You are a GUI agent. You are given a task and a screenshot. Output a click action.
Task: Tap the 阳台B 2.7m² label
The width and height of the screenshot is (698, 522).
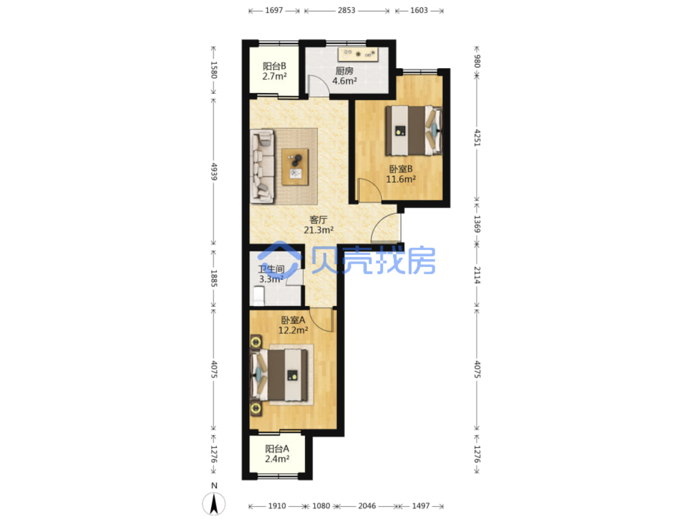pos(273,71)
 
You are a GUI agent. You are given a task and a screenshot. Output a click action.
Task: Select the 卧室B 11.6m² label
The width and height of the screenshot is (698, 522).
pos(400,173)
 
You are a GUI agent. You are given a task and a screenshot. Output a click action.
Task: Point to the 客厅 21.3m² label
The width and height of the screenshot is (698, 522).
pos(318,224)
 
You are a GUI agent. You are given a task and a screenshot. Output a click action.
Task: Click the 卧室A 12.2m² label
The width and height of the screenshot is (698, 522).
pos(292,325)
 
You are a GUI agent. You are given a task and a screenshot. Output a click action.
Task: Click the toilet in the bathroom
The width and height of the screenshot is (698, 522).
pos(258,296)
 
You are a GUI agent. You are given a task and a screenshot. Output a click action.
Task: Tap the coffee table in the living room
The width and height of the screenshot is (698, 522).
pos(295,166)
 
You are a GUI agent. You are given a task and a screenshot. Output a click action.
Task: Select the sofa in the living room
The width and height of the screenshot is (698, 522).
pos(261,166)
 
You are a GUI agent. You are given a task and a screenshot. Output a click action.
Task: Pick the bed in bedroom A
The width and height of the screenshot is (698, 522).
pos(279,374)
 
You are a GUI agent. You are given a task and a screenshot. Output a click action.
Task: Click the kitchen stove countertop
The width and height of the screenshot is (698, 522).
pos(357,54)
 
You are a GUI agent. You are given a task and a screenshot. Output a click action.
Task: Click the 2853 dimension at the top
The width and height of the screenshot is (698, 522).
pos(346,10)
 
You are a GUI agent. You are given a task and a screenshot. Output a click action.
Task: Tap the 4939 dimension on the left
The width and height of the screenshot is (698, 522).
pos(214,172)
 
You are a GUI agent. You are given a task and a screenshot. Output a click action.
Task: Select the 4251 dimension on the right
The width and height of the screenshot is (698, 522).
pos(477,137)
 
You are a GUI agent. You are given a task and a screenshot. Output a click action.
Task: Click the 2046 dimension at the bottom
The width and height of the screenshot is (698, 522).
pos(366,506)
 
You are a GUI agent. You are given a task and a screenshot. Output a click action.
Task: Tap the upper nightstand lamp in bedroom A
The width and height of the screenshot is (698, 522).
pos(255,342)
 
